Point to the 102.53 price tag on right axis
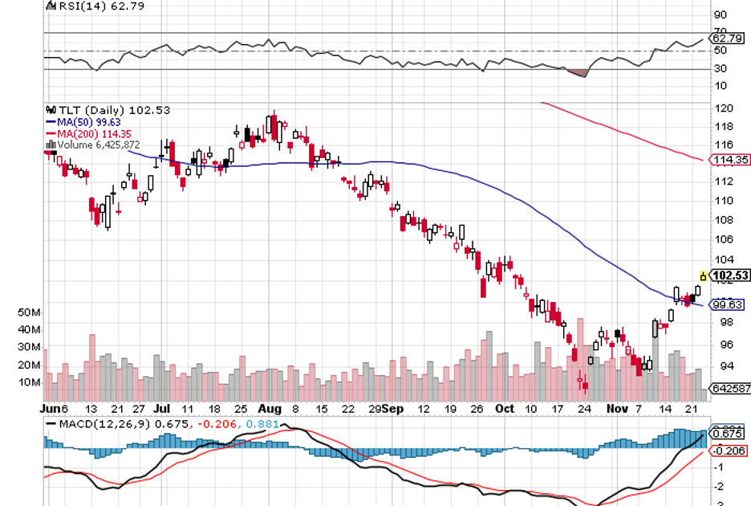click(731, 275)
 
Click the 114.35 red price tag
click(730, 160)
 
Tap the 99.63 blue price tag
click(729, 304)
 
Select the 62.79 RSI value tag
click(727, 38)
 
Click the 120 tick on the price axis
click(721, 108)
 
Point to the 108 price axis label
click(721, 219)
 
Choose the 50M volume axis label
click(52, 312)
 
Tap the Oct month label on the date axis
click(505, 408)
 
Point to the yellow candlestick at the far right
click(704, 276)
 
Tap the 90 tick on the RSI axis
click(721, 14)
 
